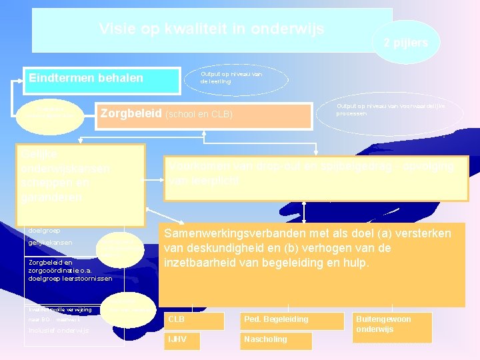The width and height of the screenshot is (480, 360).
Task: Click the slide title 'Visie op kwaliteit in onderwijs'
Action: click(211, 29)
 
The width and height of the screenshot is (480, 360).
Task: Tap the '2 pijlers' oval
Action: click(405, 42)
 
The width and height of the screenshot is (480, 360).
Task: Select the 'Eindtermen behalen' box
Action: click(103, 79)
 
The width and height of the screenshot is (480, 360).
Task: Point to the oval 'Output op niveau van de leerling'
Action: click(237, 78)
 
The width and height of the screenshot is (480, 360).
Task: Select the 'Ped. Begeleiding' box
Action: click(276, 319)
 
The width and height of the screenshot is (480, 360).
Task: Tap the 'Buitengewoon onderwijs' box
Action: click(383, 324)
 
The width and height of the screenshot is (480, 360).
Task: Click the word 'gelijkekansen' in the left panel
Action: click(51, 242)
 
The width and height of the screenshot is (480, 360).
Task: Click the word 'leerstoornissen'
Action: click(91, 279)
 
